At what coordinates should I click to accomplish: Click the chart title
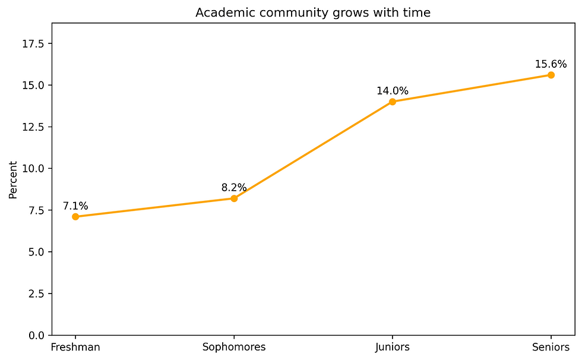coord(313,12)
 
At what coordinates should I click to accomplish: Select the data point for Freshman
coord(75,217)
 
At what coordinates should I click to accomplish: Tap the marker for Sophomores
coord(234,198)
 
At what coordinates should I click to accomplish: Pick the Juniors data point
coord(393,102)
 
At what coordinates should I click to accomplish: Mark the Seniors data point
coord(551,75)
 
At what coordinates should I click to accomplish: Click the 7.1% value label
coord(75,206)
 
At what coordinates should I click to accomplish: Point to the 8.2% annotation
coord(234,188)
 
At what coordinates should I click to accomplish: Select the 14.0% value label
coord(393,91)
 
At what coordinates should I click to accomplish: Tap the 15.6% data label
coord(551,64)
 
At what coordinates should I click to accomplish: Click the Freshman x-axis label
coord(75,347)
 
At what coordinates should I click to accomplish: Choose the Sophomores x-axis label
coord(234,347)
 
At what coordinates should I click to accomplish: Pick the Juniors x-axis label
coord(393,347)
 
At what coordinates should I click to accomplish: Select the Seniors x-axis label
coord(551,347)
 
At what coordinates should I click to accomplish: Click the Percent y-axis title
coord(13,179)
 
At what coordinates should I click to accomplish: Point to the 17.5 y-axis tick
coord(37,44)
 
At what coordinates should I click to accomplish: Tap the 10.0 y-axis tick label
coord(37,169)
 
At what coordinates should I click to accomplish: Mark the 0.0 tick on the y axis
coord(39,335)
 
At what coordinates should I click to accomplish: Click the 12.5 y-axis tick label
coord(37,127)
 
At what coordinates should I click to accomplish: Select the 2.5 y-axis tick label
coord(39,293)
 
